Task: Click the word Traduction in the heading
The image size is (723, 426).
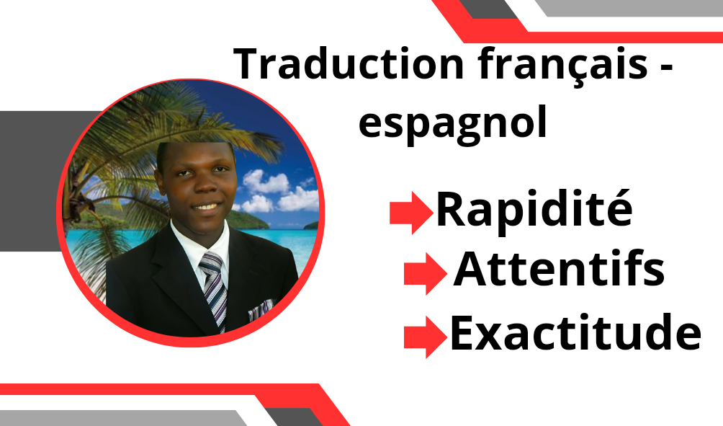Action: click(348, 64)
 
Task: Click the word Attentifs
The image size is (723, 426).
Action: click(559, 268)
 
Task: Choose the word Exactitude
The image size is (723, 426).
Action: click(575, 332)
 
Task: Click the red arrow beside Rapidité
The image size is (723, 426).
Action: click(411, 213)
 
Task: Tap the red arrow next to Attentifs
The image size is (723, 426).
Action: click(425, 273)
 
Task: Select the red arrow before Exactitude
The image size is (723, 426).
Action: click(425, 337)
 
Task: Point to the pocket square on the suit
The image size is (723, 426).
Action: click(261, 309)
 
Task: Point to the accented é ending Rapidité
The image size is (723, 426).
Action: click(619, 208)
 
